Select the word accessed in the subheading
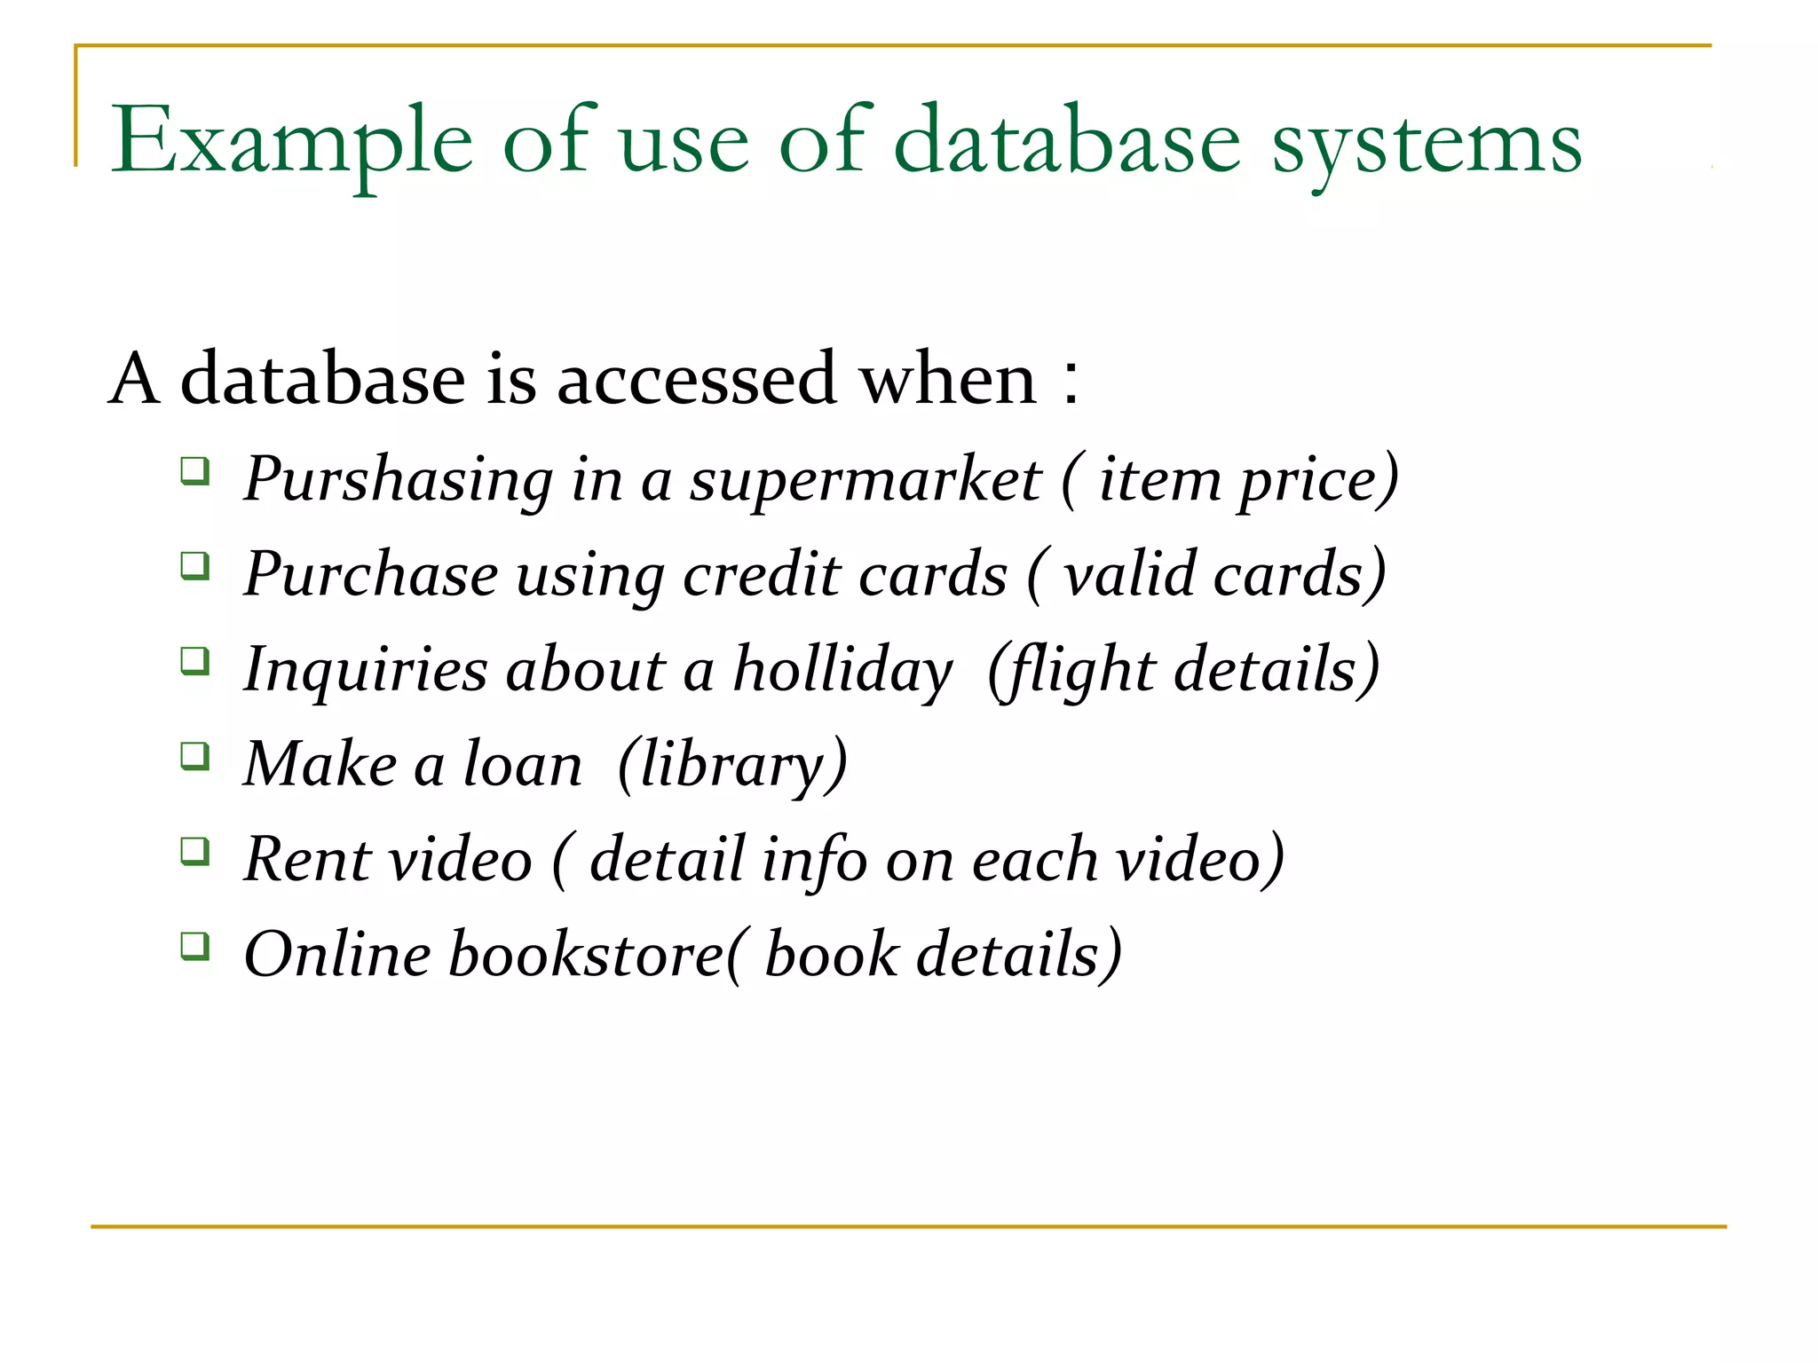(x=697, y=379)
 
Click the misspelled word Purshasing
(x=399, y=480)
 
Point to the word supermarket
(x=866, y=480)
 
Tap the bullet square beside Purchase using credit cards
(x=194, y=565)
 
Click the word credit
(x=762, y=574)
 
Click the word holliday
(x=842, y=670)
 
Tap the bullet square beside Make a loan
(x=194, y=756)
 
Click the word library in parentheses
(x=731, y=765)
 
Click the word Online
(x=337, y=955)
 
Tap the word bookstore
(x=587, y=955)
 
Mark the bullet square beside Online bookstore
(x=194, y=946)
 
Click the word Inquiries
(x=365, y=670)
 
